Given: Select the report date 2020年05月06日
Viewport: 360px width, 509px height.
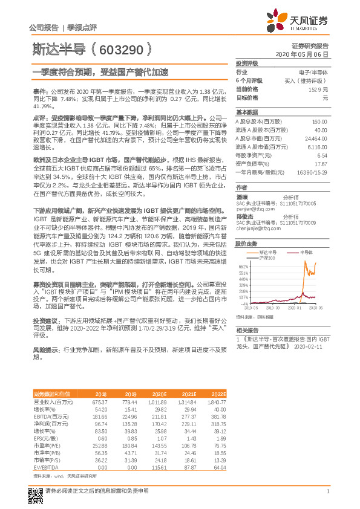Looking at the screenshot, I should pyautogui.click(x=306, y=54).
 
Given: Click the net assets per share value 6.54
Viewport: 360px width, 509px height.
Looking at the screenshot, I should pyautogui.click(x=322, y=155).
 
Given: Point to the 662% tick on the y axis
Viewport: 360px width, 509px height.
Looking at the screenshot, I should pyautogui.click(x=243, y=265).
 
